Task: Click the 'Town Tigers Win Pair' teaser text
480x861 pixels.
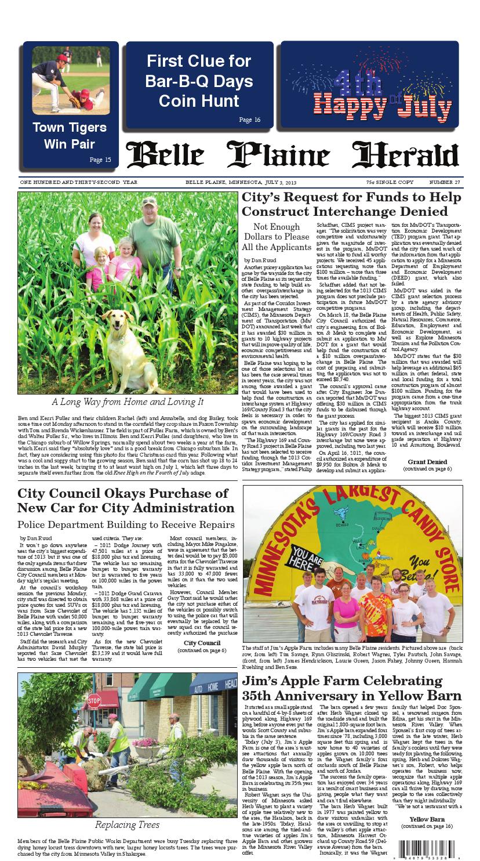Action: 70,136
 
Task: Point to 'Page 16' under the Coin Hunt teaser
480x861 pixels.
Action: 249,120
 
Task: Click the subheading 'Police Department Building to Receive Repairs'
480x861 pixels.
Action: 126,524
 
